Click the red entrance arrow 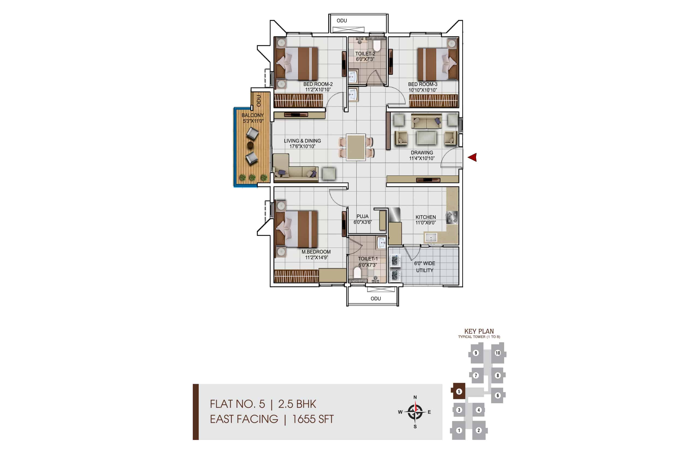[x=472, y=157]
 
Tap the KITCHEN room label [x=425, y=217]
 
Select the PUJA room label [x=362, y=216]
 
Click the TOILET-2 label [x=365, y=54]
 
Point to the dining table [x=356, y=147]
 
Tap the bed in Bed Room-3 [x=438, y=64]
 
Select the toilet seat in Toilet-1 [x=357, y=273]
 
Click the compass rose [x=415, y=412]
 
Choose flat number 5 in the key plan [x=459, y=391]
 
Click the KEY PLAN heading [x=479, y=331]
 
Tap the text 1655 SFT [x=313, y=419]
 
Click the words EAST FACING [x=244, y=419]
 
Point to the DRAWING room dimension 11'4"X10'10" [x=422, y=159]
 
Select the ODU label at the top [x=342, y=20]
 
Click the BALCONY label [x=253, y=115]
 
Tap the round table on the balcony [x=250, y=145]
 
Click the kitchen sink [x=430, y=237]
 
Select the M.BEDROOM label [x=316, y=252]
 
